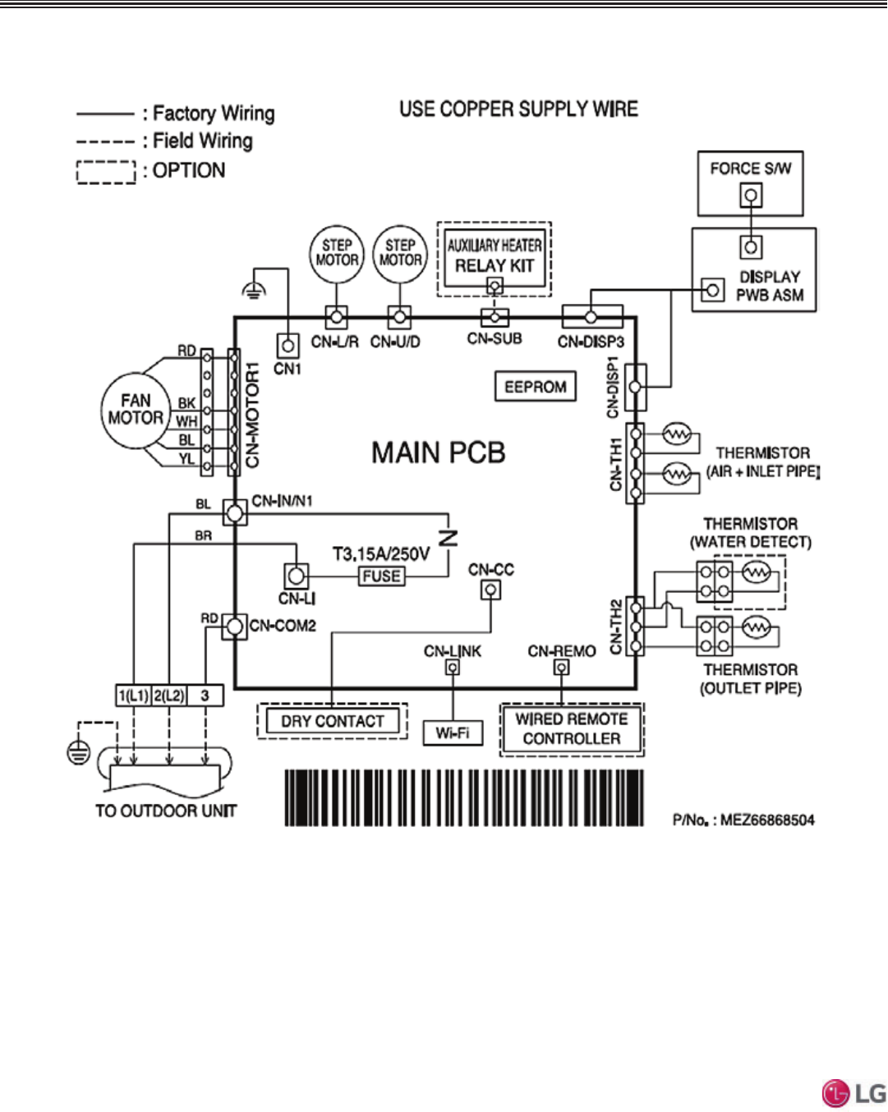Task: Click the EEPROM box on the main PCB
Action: tap(536, 387)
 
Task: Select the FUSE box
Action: tap(381, 577)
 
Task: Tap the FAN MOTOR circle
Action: tap(135, 410)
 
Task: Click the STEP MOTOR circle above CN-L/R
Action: tap(337, 254)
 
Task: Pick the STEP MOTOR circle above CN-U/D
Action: tap(400, 254)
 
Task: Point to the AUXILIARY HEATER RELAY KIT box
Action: tap(495, 257)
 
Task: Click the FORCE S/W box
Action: tap(750, 182)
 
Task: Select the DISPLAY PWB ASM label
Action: tap(770, 286)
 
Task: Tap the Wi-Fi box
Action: tap(453, 733)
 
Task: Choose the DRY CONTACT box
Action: tap(333, 721)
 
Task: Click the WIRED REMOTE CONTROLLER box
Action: tap(572, 728)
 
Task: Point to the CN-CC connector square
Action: tap(491, 589)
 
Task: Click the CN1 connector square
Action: tap(288, 345)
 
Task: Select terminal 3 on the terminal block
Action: tap(205, 696)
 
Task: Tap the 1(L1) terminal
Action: tap(133, 696)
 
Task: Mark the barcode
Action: tap(464, 797)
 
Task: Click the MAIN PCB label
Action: tap(438, 453)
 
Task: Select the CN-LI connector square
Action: tap(297, 575)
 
